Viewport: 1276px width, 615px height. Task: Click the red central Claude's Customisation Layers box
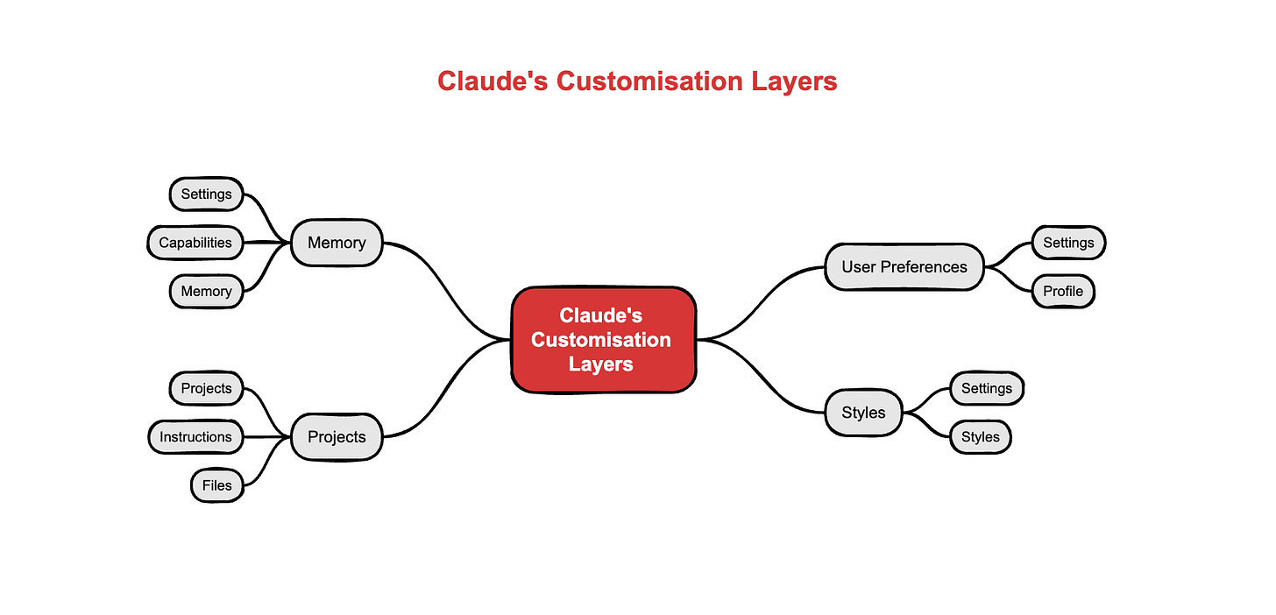(603, 339)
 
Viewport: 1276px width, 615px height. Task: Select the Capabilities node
(195, 243)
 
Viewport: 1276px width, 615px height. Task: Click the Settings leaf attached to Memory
(206, 194)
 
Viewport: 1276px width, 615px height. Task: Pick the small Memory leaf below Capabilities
(206, 291)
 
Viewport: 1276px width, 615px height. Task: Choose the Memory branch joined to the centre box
(337, 243)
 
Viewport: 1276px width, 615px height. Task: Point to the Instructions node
(195, 436)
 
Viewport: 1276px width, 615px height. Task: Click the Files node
(216, 484)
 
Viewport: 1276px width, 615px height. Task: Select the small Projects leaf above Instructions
(206, 388)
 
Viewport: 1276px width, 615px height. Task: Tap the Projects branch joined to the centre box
(337, 436)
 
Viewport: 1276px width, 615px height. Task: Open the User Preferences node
(904, 266)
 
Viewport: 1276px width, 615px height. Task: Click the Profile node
(1062, 291)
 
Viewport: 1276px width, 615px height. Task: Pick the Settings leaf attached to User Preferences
(1068, 243)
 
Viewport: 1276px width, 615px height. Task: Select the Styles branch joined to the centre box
(863, 413)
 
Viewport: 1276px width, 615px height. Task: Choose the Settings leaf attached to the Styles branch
(986, 388)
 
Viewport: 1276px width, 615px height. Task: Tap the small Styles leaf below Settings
(980, 436)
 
